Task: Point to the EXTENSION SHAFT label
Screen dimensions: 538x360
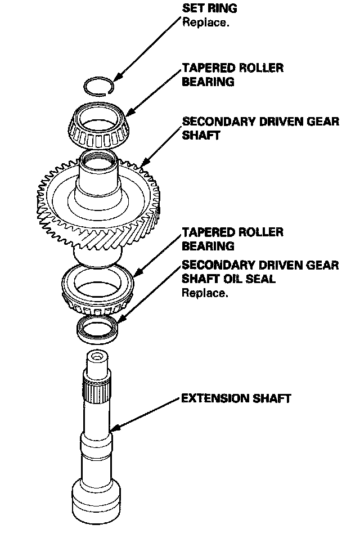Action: tap(236, 398)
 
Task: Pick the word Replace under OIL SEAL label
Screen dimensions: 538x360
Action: tap(205, 293)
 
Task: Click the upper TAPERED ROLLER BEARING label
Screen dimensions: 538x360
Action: tap(232, 75)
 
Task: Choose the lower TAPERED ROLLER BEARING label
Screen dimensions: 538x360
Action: tap(232, 239)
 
